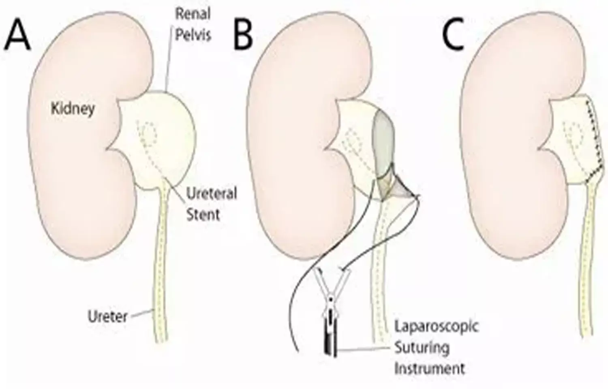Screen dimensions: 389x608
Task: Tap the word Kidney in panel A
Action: point(73,109)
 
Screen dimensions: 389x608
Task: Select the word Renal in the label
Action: point(192,14)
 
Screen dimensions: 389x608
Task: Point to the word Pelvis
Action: point(193,35)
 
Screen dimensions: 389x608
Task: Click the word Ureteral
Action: point(211,194)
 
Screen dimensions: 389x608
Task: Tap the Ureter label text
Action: point(108,316)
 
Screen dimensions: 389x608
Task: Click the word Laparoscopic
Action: point(437,327)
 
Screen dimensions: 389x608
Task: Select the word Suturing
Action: point(422,348)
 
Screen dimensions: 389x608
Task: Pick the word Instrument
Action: point(430,368)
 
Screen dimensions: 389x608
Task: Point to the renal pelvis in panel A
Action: point(170,138)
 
